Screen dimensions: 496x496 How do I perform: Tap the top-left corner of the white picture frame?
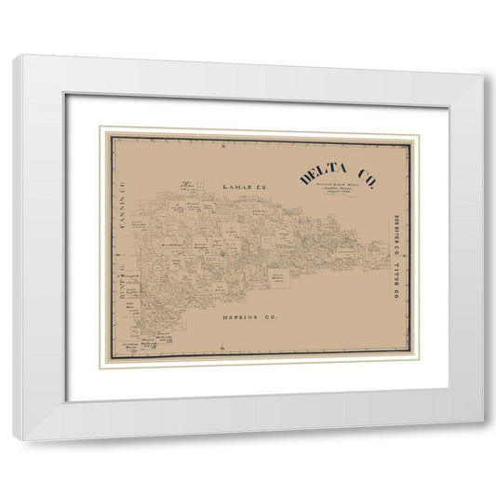pos(13,57)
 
